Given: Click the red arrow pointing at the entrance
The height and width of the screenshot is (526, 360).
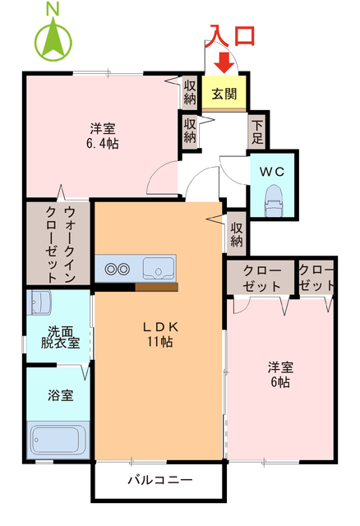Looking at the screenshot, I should click(x=224, y=62).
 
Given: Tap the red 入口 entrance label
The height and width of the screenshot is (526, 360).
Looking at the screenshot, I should click(x=232, y=35).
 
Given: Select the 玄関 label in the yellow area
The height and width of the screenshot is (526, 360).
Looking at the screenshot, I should click(x=224, y=92).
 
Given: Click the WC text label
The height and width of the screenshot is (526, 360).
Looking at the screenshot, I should click(x=272, y=173).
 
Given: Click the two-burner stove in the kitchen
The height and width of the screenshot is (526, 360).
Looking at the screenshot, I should click(x=116, y=268).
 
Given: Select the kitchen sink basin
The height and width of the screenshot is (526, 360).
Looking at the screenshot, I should click(x=158, y=268).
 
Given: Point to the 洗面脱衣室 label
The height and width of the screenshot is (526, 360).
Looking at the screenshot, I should click(x=60, y=337).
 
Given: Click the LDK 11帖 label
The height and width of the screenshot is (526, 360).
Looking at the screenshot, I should click(x=159, y=334).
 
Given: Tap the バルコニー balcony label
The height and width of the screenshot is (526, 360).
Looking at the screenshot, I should click(x=159, y=480).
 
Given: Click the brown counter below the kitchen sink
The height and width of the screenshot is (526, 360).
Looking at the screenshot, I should click(x=156, y=287).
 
